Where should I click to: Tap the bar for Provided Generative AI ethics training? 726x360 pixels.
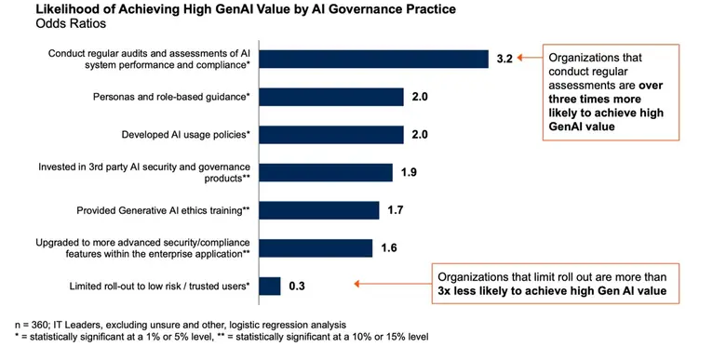click(x=319, y=210)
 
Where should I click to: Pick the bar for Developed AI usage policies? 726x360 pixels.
click(x=331, y=134)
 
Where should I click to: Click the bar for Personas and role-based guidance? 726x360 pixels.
click(x=331, y=97)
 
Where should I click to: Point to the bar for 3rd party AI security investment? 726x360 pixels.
click(x=326, y=172)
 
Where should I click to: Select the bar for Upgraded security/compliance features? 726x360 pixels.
click(x=316, y=247)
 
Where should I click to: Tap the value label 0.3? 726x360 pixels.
click(x=297, y=287)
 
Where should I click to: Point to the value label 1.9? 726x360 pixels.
click(x=409, y=172)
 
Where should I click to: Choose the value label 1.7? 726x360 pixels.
click(x=396, y=210)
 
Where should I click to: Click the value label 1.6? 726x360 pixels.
click(x=389, y=247)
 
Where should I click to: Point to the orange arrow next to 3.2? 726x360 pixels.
click(x=531, y=59)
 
